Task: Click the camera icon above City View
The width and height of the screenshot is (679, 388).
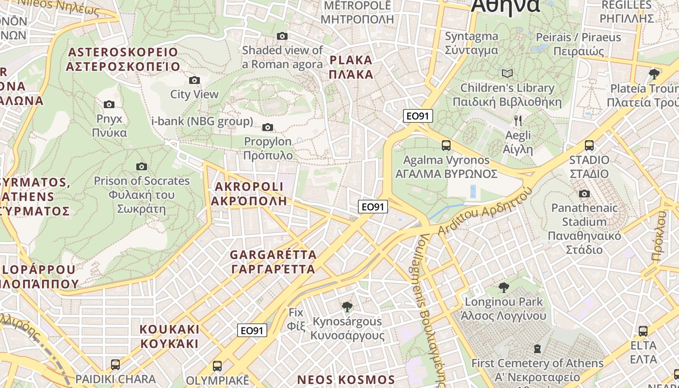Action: point(194,80)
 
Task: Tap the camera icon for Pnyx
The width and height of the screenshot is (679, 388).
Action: point(109,104)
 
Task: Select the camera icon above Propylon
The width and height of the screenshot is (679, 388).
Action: point(267,128)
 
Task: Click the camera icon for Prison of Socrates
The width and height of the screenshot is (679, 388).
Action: point(141,167)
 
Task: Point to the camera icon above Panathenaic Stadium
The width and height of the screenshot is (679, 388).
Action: point(584,194)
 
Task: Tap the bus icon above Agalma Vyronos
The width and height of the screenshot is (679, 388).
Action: point(446,145)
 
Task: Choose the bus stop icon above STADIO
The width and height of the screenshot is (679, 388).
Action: point(589,145)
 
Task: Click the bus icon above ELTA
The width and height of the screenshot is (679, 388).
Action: point(643,331)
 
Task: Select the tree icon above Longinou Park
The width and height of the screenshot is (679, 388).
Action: point(504,287)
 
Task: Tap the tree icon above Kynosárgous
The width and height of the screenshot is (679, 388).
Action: point(347,307)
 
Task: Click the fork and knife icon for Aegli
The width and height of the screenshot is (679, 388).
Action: point(518,120)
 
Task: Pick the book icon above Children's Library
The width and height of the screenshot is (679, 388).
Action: point(507,74)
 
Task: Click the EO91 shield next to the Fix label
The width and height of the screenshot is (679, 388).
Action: point(253,331)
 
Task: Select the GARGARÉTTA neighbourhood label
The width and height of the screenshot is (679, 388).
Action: point(273,261)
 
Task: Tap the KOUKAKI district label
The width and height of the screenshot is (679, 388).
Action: point(169,337)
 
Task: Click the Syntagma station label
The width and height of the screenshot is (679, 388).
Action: point(471,43)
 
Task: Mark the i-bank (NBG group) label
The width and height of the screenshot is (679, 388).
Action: point(202,121)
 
